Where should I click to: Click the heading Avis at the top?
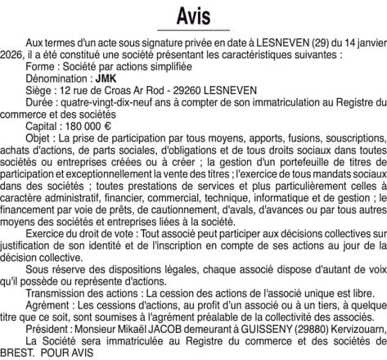[x=193, y=16]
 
